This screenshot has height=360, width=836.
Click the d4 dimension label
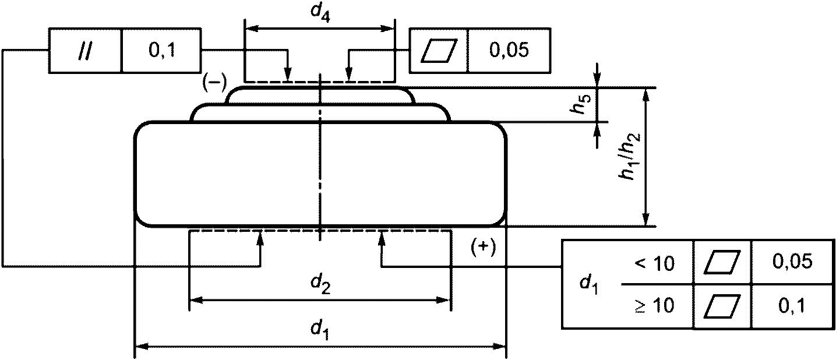point(320,13)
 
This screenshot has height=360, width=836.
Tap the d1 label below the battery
point(320,330)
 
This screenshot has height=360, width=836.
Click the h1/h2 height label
point(630,156)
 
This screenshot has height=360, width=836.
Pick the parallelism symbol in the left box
point(86,50)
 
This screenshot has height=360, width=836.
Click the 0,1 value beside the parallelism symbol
point(162,50)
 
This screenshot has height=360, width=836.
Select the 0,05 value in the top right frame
point(509,50)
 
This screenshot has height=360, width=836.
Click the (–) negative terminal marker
point(214,83)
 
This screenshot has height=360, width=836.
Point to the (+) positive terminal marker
point(484,248)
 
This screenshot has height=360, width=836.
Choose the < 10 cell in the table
point(654,263)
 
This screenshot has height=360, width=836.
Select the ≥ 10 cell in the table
point(654,305)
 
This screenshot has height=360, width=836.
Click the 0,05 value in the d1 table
point(792,261)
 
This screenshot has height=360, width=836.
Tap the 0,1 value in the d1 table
point(792,305)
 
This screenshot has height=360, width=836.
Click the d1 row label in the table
point(590,284)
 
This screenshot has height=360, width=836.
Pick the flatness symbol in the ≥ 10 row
point(722,306)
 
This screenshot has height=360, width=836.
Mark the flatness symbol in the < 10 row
point(722,262)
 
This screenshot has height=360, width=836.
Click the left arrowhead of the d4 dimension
point(252,29)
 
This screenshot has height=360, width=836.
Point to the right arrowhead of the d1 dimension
point(499,347)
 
